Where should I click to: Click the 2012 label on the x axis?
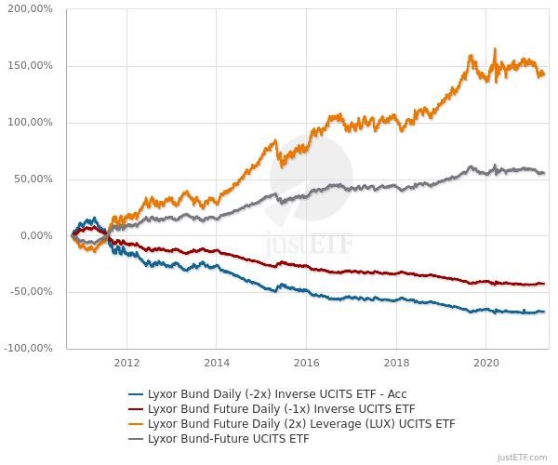(x=126, y=363)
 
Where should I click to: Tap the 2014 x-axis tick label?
(x=217, y=363)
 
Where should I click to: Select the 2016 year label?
(x=307, y=363)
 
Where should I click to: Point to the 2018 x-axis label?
(x=397, y=363)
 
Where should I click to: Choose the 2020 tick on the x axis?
(x=487, y=363)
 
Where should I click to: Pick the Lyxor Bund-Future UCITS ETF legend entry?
(x=228, y=439)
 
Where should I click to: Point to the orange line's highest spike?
(x=495, y=49)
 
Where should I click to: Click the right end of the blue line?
(x=543, y=312)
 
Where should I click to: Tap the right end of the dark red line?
(x=543, y=284)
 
